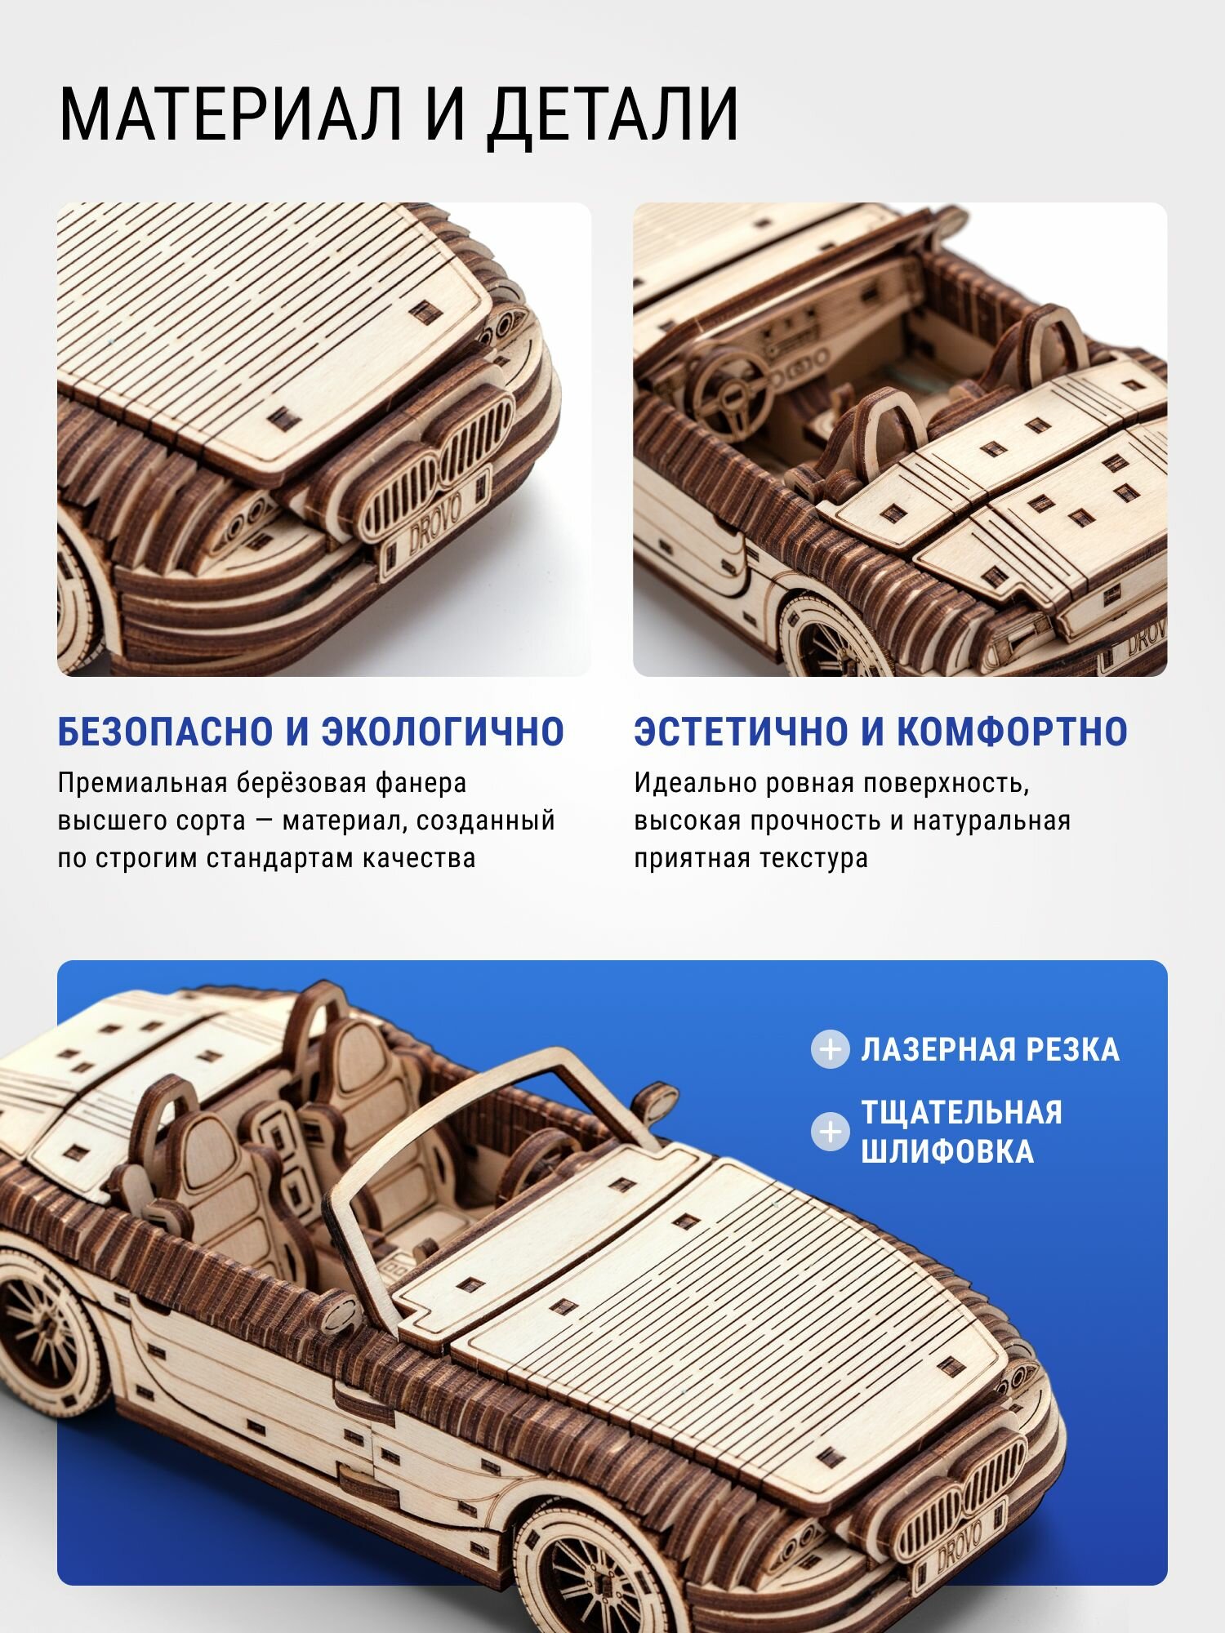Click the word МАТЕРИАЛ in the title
pyautogui.click(x=230, y=115)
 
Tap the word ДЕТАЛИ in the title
pyautogui.click(x=612, y=115)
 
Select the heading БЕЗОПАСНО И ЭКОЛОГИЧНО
pyautogui.click(x=310, y=732)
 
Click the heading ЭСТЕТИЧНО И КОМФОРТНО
pyautogui.click(x=880, y=732)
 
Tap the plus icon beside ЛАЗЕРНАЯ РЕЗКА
pyautogui.click(x=831, y=1049)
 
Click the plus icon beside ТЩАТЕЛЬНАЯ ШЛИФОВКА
pyautogui.click(x=831, y=1132)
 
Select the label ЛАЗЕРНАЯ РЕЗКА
pyautogui.click(x=990, y=1050)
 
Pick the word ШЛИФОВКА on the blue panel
pyautogui.click(x=947, y=1152)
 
